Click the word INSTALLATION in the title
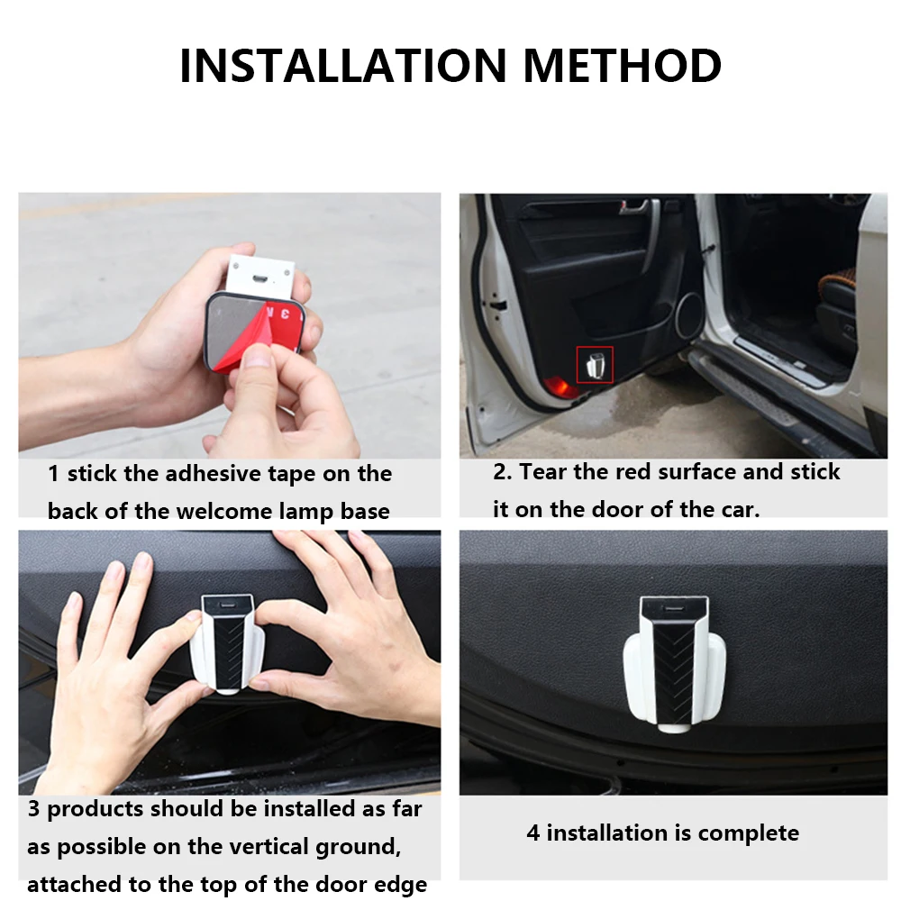343,65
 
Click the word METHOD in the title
622,65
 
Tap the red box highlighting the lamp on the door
595,365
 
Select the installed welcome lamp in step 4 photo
674,665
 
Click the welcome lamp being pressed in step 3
226,644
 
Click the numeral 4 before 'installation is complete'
532,833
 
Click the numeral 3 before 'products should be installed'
33,809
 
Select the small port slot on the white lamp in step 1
259,280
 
